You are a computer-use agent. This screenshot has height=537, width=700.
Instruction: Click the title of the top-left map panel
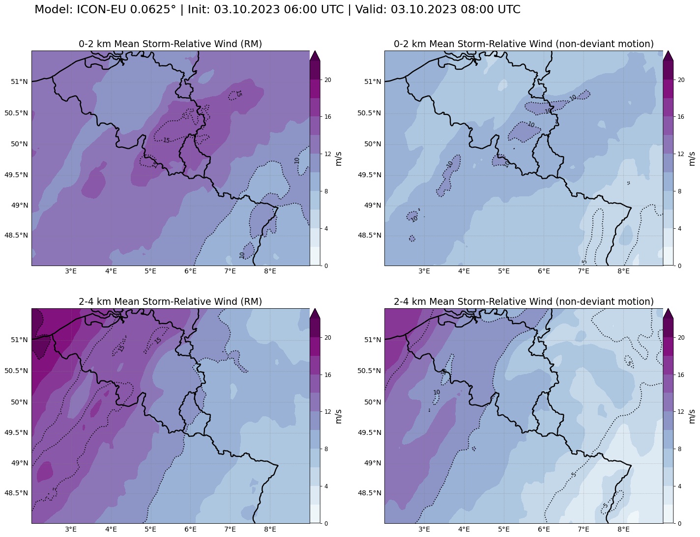pos(170,44)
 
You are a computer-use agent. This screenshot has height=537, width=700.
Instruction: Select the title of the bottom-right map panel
pos(524,301)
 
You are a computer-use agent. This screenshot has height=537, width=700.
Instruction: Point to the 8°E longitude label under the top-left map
pos(270,271)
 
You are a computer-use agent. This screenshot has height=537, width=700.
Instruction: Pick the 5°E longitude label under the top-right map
pos(503,271)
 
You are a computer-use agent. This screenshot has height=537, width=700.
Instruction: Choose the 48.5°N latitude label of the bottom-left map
pos(16,493)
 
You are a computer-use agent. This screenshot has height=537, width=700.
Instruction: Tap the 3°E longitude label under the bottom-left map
pos(71,529)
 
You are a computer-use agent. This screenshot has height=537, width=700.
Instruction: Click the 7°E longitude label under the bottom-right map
pos(583,529)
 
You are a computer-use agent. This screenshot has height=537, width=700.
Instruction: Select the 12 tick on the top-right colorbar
pos(680,154)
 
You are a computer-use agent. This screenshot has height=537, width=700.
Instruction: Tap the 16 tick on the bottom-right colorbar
pos(680,375)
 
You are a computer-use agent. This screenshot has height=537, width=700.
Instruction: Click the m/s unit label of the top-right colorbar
pos(692,158)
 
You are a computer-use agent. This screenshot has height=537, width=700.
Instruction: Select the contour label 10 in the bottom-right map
pos(437,392)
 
